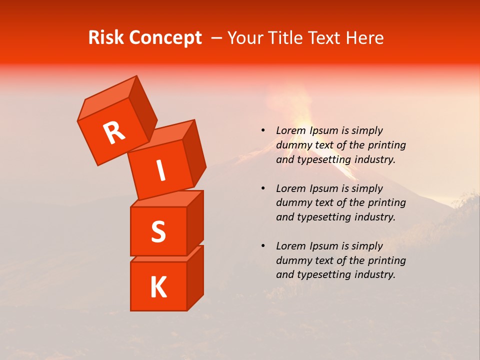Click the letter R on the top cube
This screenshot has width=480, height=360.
tap(114, 133)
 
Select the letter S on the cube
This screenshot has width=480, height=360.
tap(158, 231)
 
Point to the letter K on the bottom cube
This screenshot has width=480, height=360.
tap(158, 287)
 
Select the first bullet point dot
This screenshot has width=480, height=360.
tap(263, 130)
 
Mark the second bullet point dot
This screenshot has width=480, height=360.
tap(263, 188)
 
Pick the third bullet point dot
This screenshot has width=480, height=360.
tap(263, 246)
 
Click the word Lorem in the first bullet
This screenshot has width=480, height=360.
tap(290, 130)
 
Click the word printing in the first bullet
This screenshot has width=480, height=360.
tap(387, 145)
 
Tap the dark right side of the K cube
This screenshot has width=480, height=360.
tap(195, 277)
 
